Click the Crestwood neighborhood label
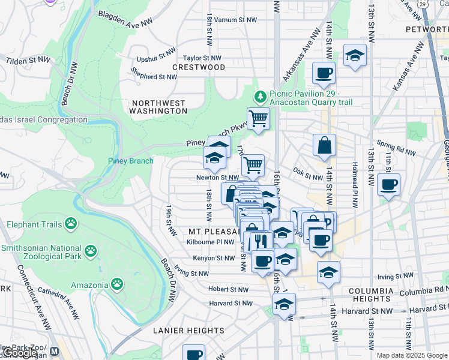pyautogui.click(x=199, y=67)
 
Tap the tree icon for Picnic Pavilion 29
pyautogui.click(x=260, y=96)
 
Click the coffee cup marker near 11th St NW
pyautogui.click(x=389, y=184)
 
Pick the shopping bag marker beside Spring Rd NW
pyautogui.click(x=324, y=145)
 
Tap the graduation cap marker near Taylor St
pyautogui.click(x=355, y=55)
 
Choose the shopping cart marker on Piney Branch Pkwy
pyautogui.click(x=258, y=118)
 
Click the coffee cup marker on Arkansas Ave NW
pyautogui.click(x=324, y=73)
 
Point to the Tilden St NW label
pyautogui.click(x=28, y=60)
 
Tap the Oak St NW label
pyautogui.click(x=309, y=176)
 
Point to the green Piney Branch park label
pyautogui.click(x=130, y=161)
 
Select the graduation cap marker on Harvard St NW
pyautogui.click(x=284, y=304)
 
